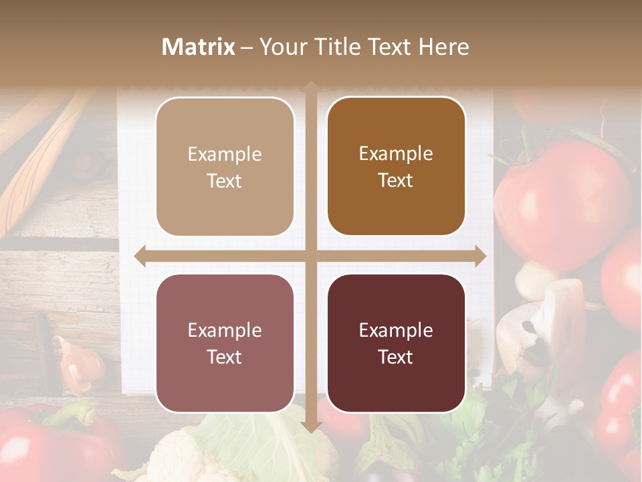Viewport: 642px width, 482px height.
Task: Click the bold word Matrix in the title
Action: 199,47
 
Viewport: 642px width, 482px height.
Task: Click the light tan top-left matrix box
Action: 225,167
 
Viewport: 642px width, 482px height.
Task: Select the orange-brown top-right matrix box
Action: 396,167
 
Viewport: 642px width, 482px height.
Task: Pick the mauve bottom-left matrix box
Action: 225,343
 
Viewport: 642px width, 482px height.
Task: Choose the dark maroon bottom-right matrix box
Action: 396,343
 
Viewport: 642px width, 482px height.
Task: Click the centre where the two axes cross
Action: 311,256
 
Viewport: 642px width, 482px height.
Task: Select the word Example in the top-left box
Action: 225,154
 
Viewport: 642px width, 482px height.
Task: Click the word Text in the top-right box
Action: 396,181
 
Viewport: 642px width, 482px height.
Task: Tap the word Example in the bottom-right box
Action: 396,330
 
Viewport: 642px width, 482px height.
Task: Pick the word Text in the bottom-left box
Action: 225,357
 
